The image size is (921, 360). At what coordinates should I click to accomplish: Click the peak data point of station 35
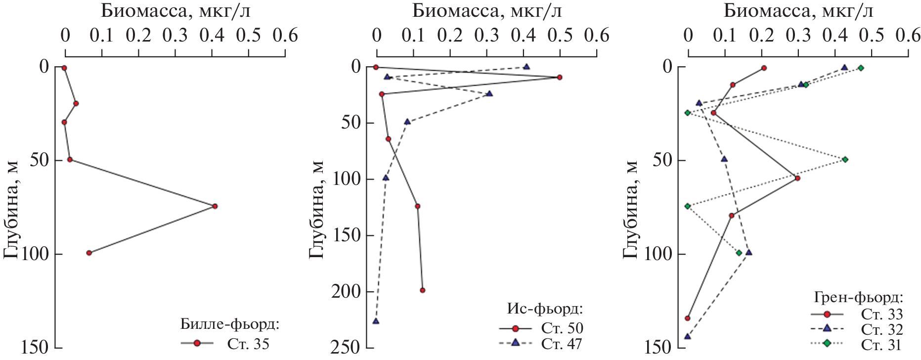tap(215, 206)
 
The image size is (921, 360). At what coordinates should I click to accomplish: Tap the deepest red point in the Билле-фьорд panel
tap(89, 253)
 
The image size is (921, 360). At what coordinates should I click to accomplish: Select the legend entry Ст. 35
tap(248, 343)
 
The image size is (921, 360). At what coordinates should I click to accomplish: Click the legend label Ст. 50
tap(562, 328)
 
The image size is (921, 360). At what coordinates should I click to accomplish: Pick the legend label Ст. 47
tap(562, 344)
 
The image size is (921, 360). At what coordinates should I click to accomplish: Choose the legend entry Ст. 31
tap(881, 345)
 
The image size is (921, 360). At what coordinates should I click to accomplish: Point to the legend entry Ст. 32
tap(881, 329)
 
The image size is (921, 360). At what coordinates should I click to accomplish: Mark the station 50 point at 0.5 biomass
tap(560, 77)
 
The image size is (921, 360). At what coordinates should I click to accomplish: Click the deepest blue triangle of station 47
tap(376, 321)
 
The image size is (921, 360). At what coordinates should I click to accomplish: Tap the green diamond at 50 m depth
tap(845, 160)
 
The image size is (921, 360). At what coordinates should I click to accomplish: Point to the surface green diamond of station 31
tap(861, 68)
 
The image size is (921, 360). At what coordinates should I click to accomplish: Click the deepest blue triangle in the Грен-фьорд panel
tap(687, 336)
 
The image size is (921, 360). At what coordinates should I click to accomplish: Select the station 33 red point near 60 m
tap(797, 178)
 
